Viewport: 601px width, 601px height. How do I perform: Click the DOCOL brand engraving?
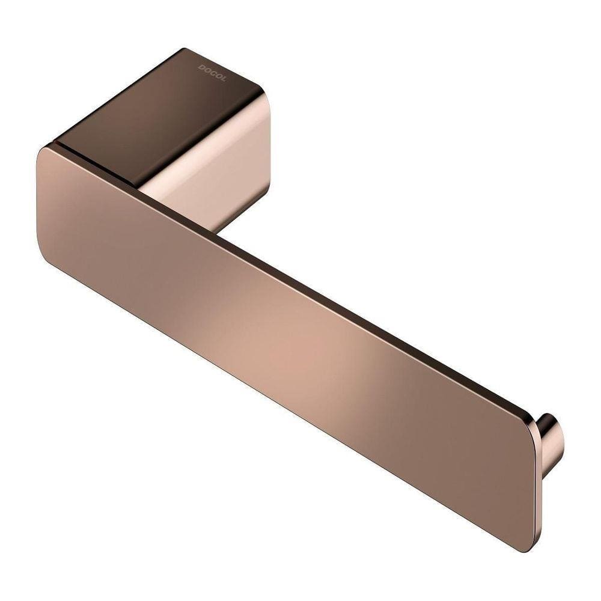(x=212, y=73)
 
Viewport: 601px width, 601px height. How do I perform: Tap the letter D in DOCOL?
(x=201, y=67)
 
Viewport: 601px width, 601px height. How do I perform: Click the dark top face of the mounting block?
(x=162, y=114)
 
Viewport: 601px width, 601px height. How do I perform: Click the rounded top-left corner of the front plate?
(x=45, y=154)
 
